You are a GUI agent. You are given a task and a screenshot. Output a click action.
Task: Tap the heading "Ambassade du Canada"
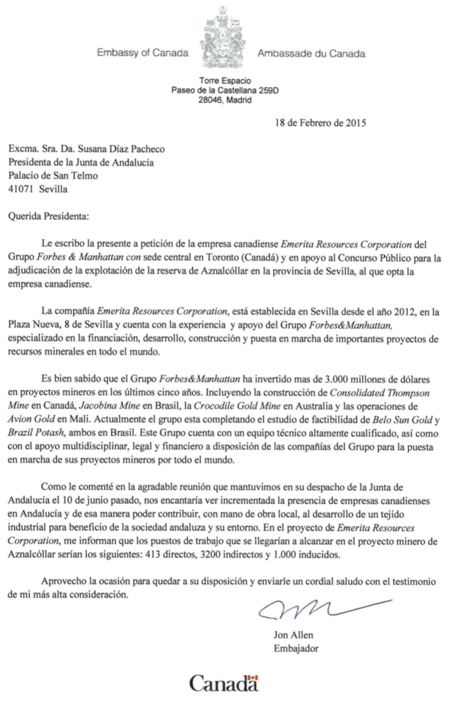310,53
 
